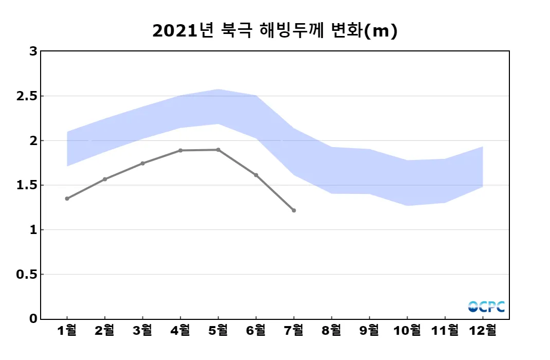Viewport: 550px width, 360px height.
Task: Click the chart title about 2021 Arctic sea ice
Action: tap(275, 31)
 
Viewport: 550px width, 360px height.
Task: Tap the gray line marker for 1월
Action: tap(67, 199)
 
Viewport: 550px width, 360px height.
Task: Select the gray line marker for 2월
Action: tap(105, 179)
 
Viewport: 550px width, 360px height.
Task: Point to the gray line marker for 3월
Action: tap(142, 164)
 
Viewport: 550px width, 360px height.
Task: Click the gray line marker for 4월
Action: tap(180, 150)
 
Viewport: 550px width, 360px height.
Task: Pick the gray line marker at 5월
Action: tap(218, 150)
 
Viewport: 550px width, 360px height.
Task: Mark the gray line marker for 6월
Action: tap(256, 175)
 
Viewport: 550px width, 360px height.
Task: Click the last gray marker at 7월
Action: tap(294, 210)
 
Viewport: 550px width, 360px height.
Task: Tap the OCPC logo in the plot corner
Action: tap(486, 307)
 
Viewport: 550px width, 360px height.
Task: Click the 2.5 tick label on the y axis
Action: tap(26, 96)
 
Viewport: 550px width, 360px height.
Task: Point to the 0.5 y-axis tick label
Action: tap(26, 275)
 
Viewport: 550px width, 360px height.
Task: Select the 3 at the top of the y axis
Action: tap(33, 51)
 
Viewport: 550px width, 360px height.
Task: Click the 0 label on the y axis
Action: tap(33, 319)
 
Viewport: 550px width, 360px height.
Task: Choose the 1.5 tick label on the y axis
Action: tap(26, 185)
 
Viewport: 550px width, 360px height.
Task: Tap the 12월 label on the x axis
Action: tap(483, 330)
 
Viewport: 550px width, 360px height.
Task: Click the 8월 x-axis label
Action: tap(332, 330)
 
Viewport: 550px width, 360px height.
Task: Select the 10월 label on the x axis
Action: tap(407, 330)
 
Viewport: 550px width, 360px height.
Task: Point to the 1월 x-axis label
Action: tap(67, 330)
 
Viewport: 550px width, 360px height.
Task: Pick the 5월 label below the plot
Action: tap(218, 330)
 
